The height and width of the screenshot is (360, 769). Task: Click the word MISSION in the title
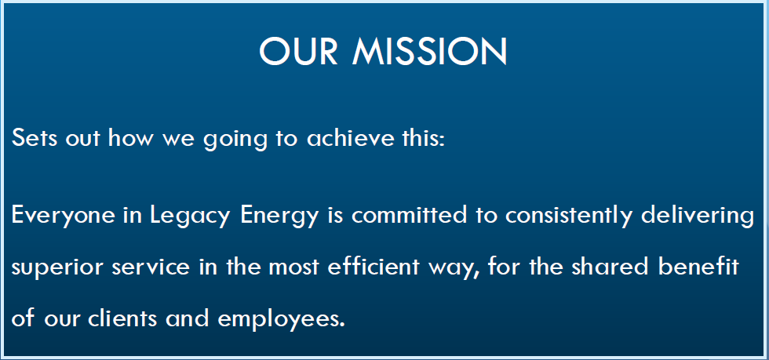point(429,51)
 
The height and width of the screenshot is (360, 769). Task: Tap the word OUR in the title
point(299,51)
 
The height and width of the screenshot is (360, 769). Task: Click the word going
point(235,140)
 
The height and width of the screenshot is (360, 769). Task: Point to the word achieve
point(350,137)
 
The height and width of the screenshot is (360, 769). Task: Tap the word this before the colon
point(420,137)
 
